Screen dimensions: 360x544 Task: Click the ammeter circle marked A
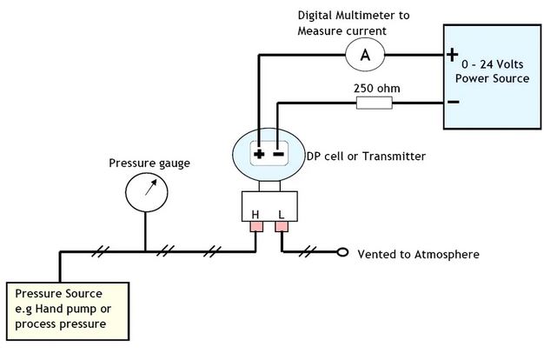365,55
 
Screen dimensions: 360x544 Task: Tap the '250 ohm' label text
371,88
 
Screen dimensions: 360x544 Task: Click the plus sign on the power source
452,55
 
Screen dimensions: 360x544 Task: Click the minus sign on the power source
452,102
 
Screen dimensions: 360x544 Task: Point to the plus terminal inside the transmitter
259,155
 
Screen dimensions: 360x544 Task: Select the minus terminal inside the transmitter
278,155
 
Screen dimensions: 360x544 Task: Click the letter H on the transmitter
256,215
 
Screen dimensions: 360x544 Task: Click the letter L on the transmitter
281,215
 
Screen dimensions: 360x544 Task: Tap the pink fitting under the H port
257,229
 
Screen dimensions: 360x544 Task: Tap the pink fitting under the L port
282,229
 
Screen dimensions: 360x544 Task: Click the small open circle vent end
342,254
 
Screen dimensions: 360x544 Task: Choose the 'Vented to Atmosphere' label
418,255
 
